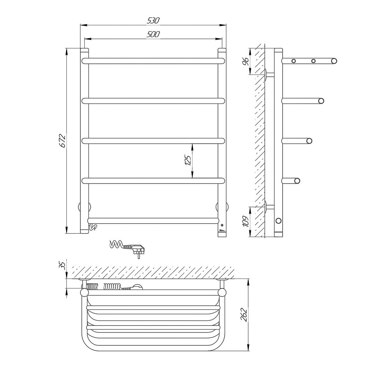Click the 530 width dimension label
tap(153, 21)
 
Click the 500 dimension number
tap(153, 34)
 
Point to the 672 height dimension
tap(62, 141)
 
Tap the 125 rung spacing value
tap(188, 160)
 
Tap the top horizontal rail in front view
tap(153, 61)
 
